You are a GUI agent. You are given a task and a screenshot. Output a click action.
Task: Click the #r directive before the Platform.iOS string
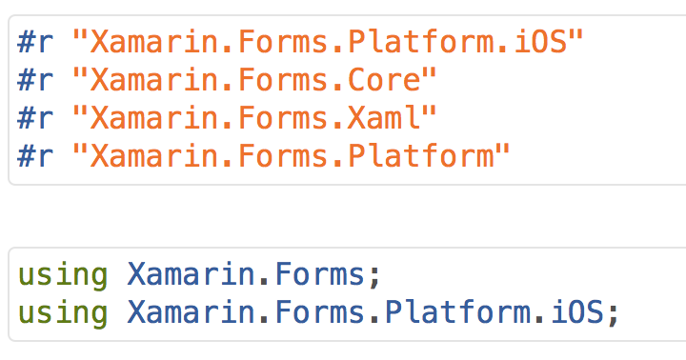pos(38,43)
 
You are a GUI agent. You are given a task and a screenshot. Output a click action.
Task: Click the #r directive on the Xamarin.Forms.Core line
pos(38,81)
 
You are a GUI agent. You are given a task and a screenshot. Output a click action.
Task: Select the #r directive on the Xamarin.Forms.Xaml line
pos(38,119)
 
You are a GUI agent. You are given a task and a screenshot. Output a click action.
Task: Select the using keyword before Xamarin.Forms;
pos(63,275)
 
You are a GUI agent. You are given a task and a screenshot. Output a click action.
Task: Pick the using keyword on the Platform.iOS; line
pos(63,313)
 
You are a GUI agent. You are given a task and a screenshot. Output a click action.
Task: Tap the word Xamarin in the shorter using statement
pos(191,275)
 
